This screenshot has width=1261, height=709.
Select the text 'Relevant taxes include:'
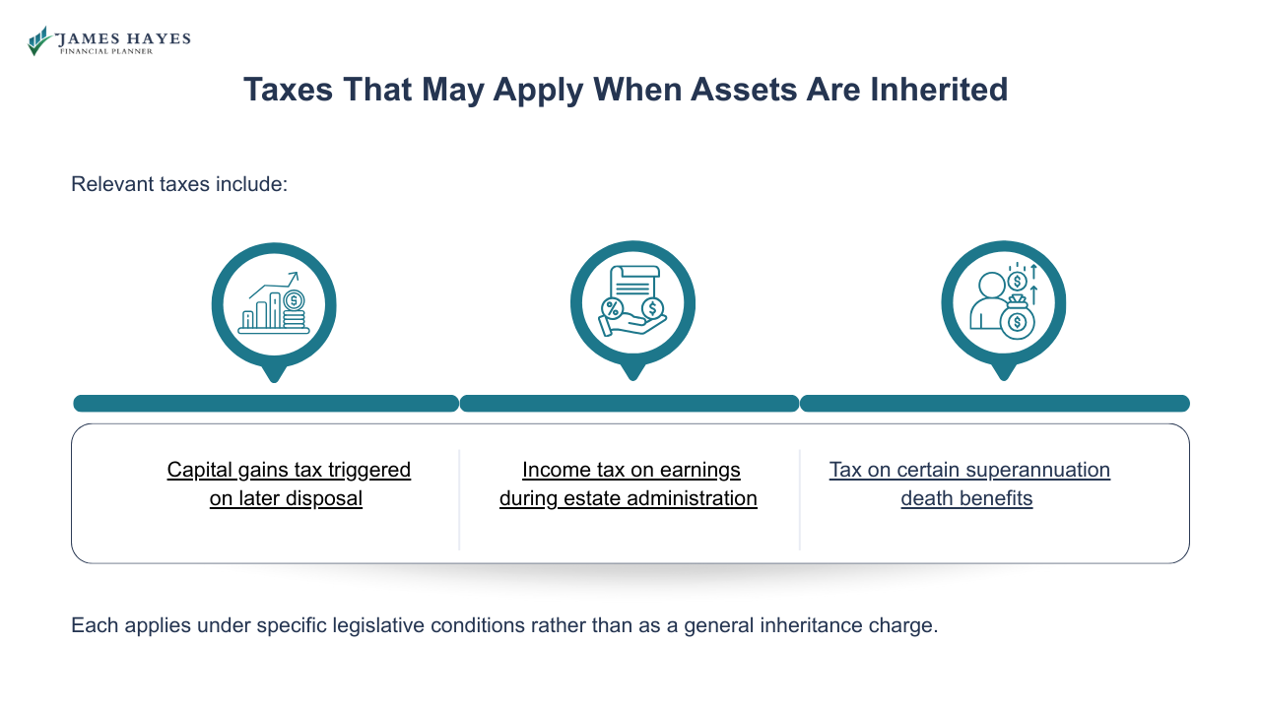pos(179,184)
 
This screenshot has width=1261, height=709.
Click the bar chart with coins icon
pos(274,305)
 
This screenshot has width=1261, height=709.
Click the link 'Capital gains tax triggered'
pos(289,470)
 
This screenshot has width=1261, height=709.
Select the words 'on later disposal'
pos(286,498)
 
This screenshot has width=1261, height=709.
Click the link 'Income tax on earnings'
pos(630,470)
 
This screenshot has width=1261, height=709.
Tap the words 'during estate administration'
pos(628,498)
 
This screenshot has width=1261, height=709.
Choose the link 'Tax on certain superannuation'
pos(969,470)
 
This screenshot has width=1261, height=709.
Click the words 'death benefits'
pos(966,498)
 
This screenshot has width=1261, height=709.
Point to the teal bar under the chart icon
pos(266,404)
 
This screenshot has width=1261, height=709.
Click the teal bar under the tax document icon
pos(629,404)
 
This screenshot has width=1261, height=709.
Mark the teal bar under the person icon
pos(994,404)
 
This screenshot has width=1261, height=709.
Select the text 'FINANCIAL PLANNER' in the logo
pos(106,51)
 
